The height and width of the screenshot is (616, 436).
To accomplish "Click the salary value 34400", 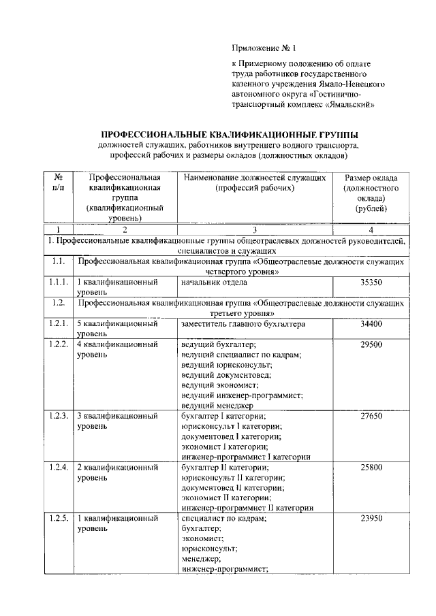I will coord(371,324).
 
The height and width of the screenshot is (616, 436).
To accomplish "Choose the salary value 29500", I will coord(371,345).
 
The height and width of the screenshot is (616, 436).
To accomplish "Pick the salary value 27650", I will coord(371,415).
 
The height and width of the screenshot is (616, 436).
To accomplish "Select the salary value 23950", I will coord(371,518).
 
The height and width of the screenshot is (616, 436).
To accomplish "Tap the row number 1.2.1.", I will coord(59,324).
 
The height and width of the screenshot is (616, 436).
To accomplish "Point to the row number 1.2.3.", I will coord(59,415).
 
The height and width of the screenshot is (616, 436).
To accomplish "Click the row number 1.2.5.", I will coord(59,518).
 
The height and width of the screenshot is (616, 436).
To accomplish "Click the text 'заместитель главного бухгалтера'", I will coord(243,324).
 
